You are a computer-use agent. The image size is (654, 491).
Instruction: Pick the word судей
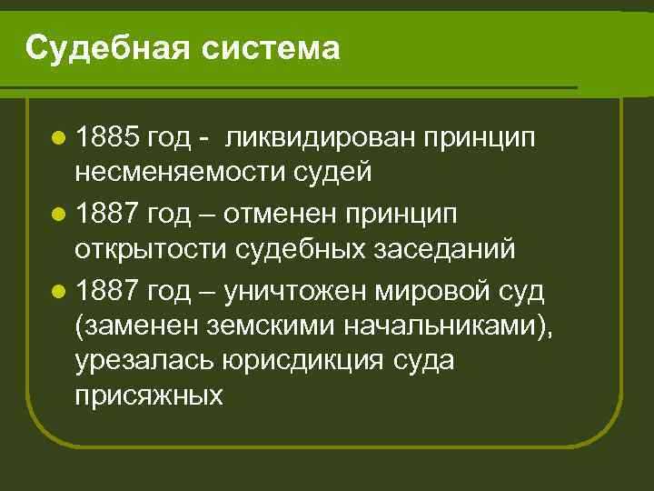click(335, 171)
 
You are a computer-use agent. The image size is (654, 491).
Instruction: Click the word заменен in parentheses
click(129, 325)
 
